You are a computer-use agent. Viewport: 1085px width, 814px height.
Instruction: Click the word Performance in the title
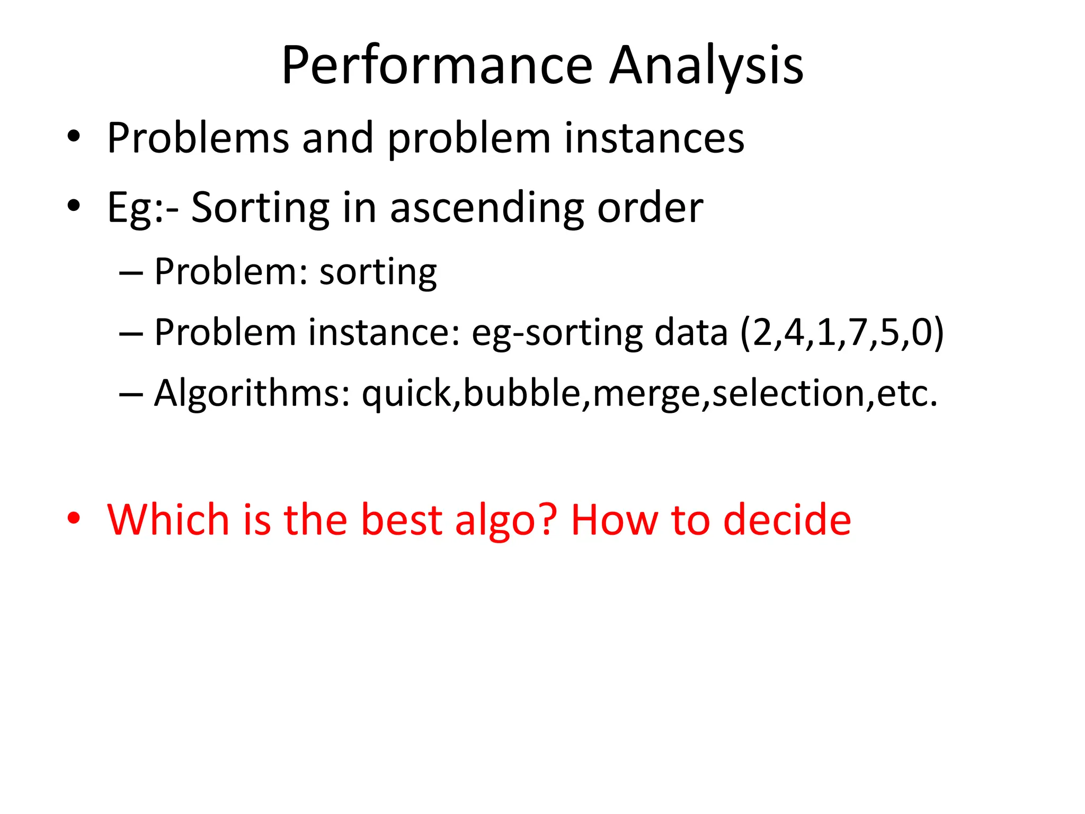[437, 66]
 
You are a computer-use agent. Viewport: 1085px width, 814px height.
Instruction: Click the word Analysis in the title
[706, 66]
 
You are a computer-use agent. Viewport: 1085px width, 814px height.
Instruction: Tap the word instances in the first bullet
[654, 138]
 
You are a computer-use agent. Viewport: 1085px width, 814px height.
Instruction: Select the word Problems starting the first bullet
[198, 138]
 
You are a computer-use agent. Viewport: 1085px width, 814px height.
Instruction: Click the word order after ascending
[650, 208]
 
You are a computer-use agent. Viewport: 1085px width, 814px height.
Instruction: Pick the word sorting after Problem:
[378, 272]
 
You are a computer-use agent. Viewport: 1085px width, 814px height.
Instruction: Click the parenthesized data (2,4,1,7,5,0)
[842, 333]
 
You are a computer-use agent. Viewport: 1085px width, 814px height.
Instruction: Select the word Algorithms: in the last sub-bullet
[252, 394]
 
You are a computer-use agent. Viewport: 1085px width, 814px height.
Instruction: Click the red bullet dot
[74, 519]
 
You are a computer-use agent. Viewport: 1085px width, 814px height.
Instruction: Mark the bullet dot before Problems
[74, 137]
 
